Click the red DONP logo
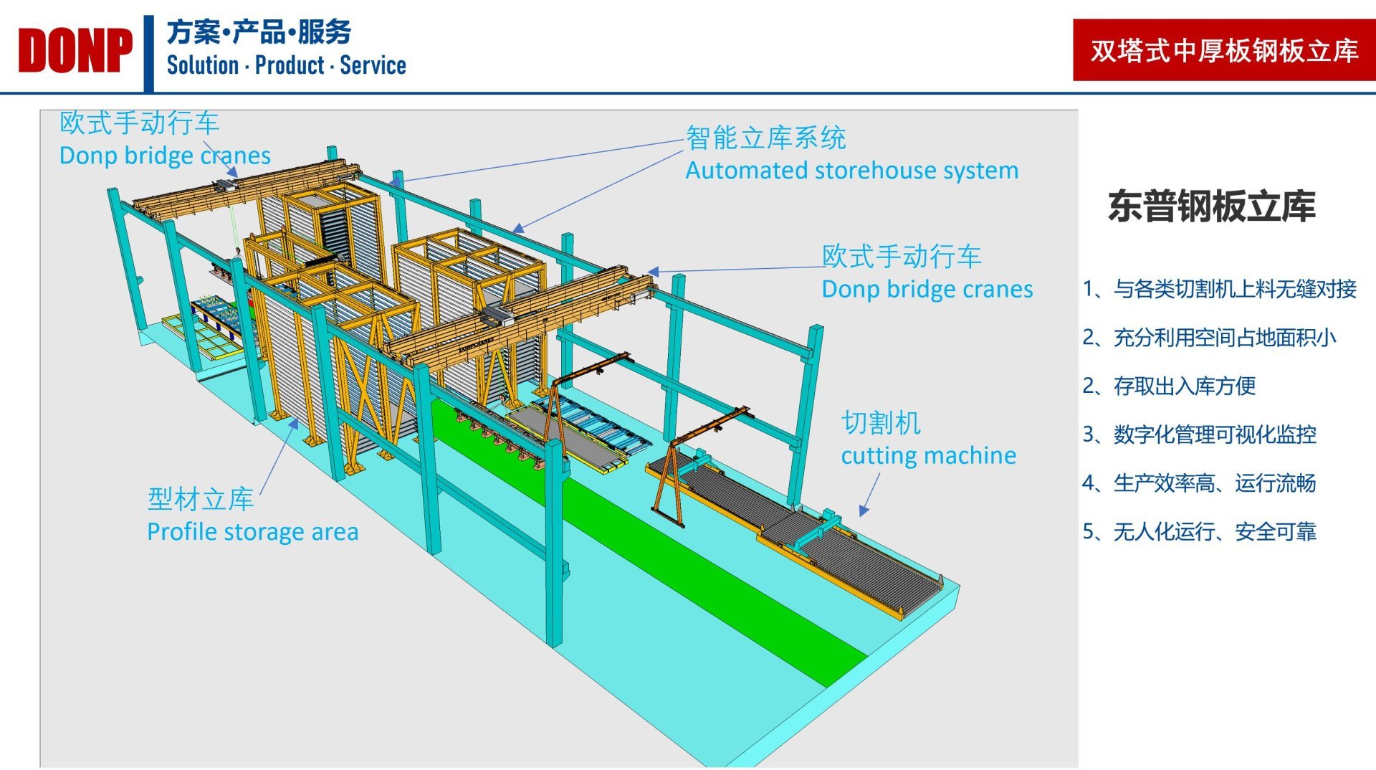coord(75,51)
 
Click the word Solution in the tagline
coord(203,65)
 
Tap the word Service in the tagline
coord(373,65)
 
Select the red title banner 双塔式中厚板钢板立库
coord(1223,50)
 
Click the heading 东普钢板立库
coord(1211,206)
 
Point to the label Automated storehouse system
coord(851,171)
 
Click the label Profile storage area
coord(252,532)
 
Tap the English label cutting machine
coord(928,456)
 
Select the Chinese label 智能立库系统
coord(765,138)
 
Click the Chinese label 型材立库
coord(201,500)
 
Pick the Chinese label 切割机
coord(881,423)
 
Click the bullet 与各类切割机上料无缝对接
coord(1234,289)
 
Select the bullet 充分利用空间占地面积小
coord(1224,338)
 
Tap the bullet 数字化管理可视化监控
coord(1214,434)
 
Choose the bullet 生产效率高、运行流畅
coord(1214,483)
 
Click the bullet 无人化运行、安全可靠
coord(1214,532)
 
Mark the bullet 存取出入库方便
coord(1184,386)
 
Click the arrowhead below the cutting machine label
coord(864,510)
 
